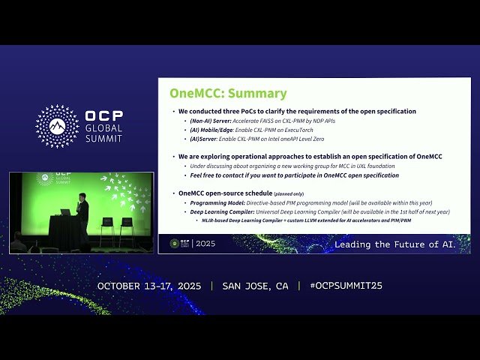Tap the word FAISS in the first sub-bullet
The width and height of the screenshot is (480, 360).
(x=267, y=120)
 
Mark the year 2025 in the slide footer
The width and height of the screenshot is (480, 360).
(x=205, y=244)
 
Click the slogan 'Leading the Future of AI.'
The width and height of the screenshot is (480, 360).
(x=394, y=244)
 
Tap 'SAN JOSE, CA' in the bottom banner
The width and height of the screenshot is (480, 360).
(x=255, y=286)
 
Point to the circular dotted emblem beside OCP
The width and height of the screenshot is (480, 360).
(x=57, y=126)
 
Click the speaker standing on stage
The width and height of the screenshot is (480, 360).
(x=82, y=213)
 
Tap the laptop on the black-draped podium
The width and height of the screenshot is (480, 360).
(x=65, y=212)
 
